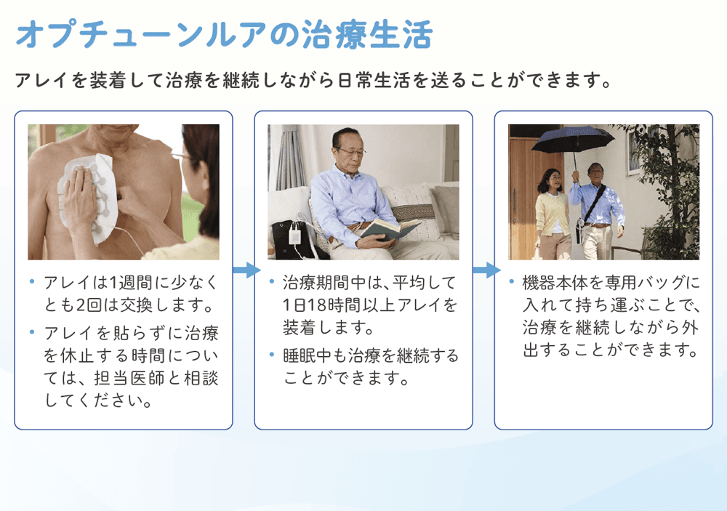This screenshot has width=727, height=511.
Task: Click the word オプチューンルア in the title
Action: (x=142, y=34)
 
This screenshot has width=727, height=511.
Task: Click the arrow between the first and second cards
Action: (x=246, y=270)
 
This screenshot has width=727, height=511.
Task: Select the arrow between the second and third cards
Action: (x=486, y=270)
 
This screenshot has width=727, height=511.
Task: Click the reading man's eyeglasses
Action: (x=350, y=151)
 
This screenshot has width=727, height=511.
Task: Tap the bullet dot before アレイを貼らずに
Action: (x=32, y=332)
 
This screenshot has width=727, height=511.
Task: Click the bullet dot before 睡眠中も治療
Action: (x=272, y=355)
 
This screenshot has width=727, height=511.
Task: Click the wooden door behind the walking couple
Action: (x=529, y=195)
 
